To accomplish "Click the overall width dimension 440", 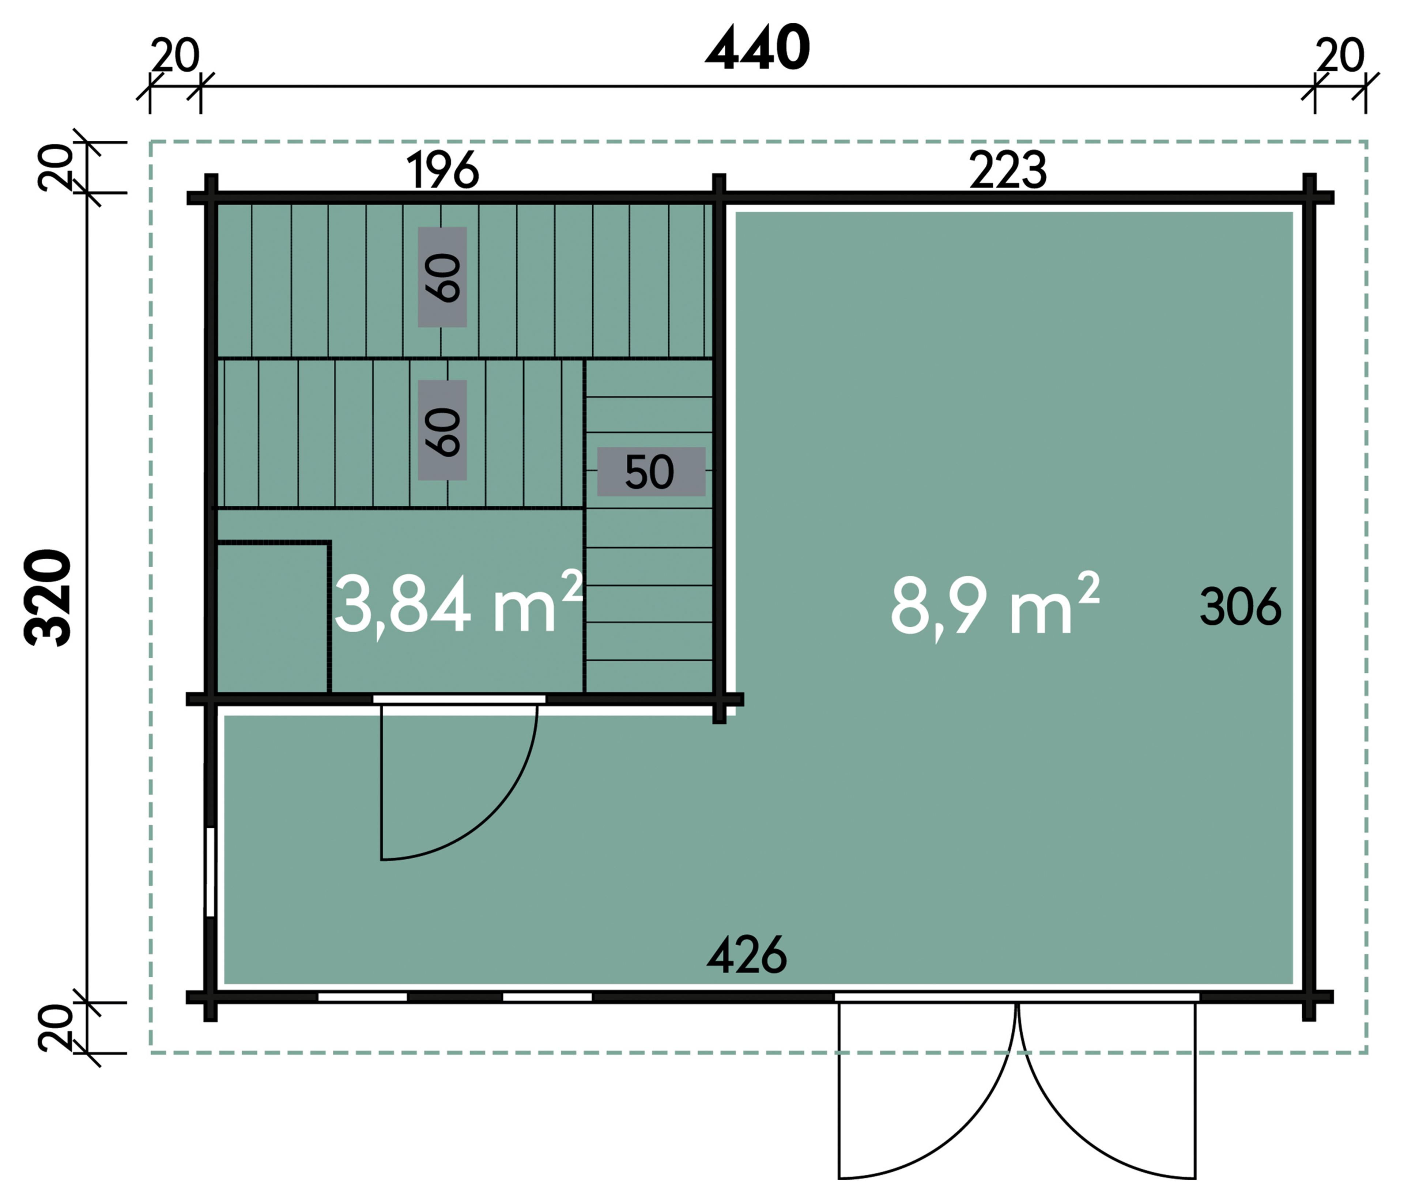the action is click(x=758, y=49).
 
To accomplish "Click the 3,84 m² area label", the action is click(x=459, y=603).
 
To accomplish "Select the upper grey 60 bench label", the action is click(x=442, y=277).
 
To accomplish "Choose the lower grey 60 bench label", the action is click(x=442, y=430).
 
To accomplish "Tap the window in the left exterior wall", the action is click(x=210, y=872).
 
